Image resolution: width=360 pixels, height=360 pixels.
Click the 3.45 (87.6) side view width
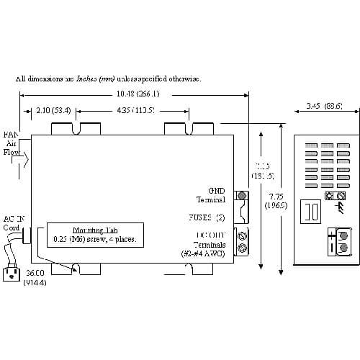323,107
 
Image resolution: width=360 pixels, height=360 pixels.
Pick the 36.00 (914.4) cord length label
34,278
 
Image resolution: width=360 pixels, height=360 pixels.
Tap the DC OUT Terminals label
210,245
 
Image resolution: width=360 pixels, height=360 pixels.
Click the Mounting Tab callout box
94,234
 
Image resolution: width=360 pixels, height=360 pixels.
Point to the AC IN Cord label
14,223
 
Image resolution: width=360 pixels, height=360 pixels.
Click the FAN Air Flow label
11,143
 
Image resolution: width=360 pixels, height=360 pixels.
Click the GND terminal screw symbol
242,196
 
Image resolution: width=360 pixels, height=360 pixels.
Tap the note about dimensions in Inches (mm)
109,78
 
